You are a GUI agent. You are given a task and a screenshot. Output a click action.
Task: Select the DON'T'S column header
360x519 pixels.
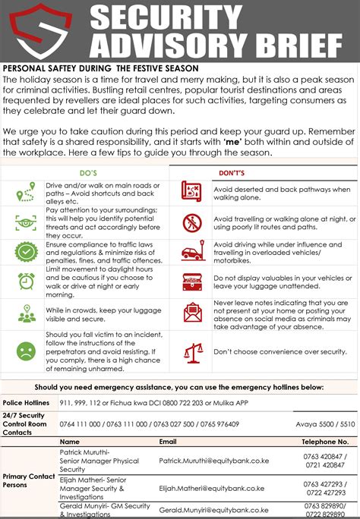point(268,173)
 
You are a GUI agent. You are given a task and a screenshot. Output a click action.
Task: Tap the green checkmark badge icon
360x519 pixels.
point(26,250)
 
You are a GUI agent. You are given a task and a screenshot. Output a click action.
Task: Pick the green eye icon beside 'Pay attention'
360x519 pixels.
point(26,222)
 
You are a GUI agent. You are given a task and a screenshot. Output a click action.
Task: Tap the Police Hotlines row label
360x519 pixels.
point(26,401)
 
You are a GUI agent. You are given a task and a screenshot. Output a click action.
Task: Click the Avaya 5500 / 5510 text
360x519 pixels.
point(326,424)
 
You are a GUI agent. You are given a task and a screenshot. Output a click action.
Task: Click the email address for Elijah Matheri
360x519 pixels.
point(212,488)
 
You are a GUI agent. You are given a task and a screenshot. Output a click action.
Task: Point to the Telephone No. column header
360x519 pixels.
point(325,441)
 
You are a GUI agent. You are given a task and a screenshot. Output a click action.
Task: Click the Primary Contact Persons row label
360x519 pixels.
point(29,480)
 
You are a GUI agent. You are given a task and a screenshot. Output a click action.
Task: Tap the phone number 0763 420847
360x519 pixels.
point(324,456)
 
